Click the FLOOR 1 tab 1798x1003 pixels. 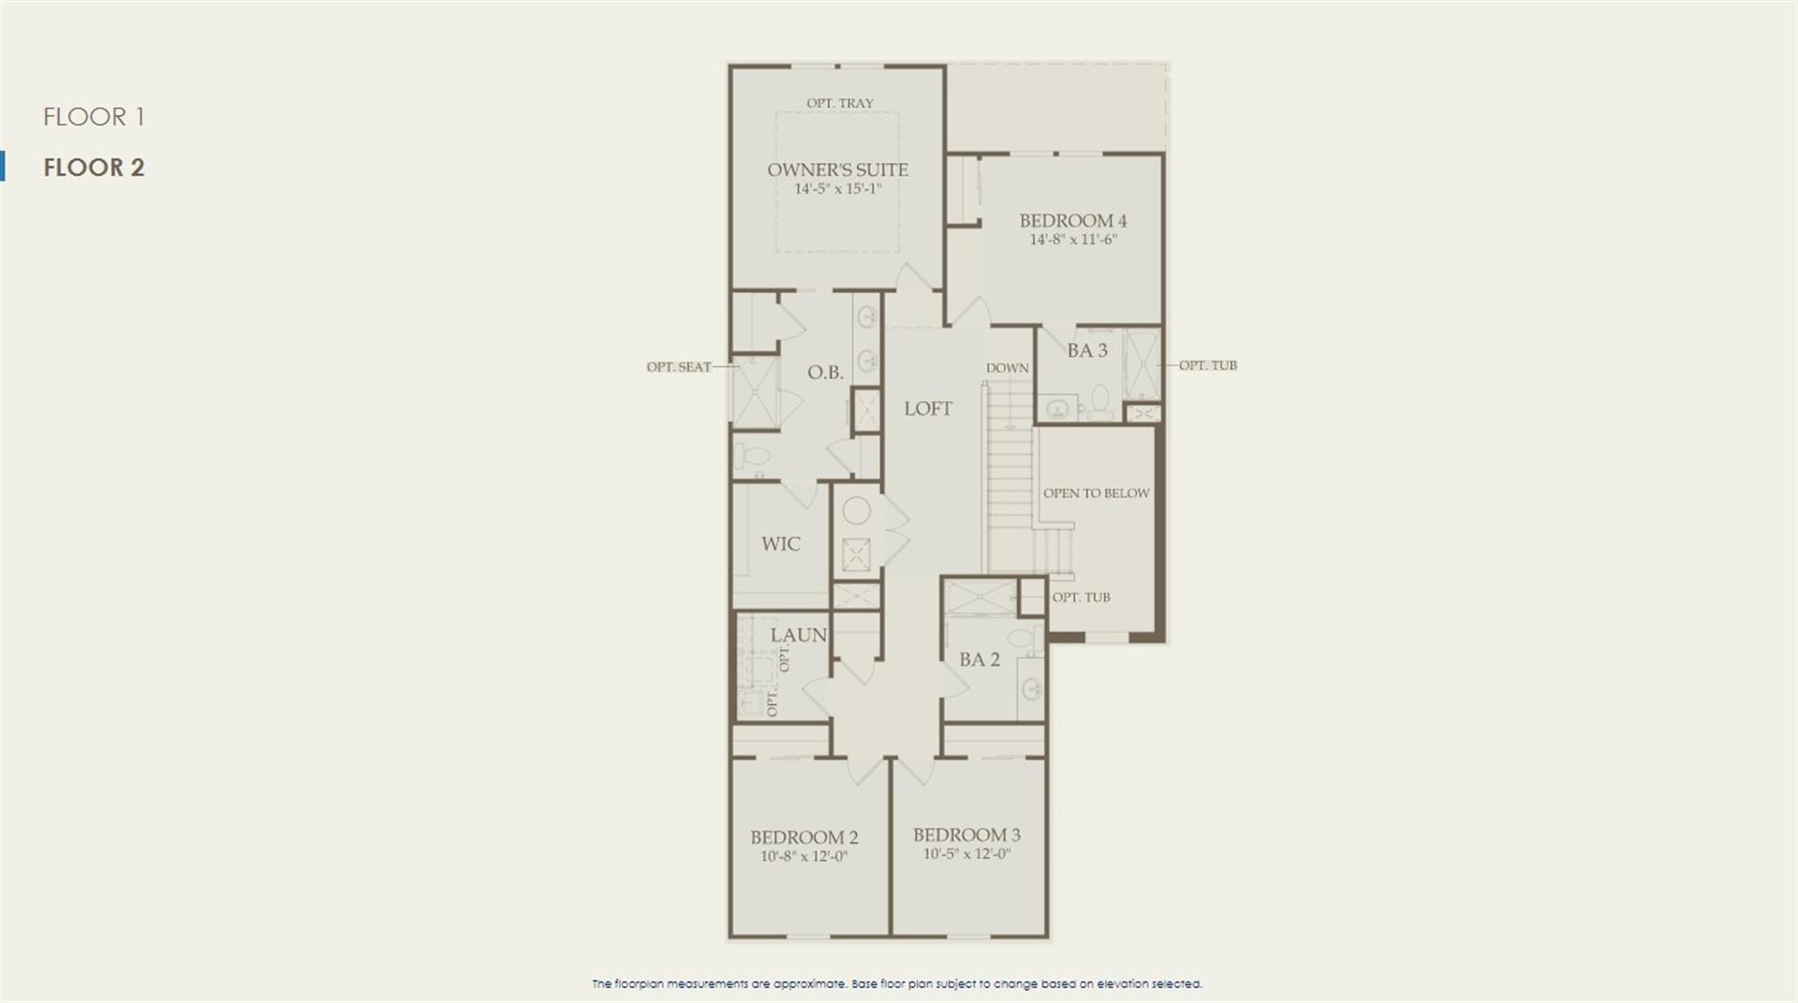point(94,117)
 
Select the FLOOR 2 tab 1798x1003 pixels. point(94,168)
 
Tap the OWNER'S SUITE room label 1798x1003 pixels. point(837,170)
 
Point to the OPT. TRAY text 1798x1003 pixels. point(840,103)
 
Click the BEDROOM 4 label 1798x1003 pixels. point(1073,221)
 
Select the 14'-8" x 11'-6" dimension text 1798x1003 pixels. point(1073,240)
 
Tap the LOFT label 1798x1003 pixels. point(928,408)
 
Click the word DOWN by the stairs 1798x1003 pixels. point(1007,368)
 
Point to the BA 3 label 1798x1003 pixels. point(1087,350)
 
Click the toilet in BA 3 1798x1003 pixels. point(1100,403)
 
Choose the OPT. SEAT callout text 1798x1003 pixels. point(679,367)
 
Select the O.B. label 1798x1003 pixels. point(825,373)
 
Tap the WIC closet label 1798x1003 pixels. point(781,544)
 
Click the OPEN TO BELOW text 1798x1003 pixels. point(1097,494)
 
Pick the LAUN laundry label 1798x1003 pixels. point(799,635)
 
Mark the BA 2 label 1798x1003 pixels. point(980,659)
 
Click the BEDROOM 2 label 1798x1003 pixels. point(804,837)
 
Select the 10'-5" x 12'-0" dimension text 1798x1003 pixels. point(966,854)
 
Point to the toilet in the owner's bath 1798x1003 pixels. point(751,456)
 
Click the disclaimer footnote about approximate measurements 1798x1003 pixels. point(897,984)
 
